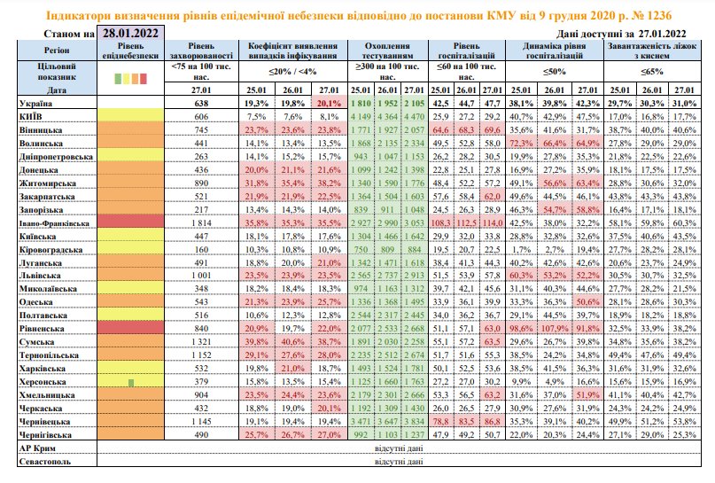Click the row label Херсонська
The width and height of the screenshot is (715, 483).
click(38, 381)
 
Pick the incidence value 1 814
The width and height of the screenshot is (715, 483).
click(199, 225)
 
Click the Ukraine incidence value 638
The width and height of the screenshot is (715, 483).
click(200, 105)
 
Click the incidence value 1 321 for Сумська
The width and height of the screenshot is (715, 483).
click(199, 342)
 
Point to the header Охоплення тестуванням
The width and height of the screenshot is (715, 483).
click(388, 50)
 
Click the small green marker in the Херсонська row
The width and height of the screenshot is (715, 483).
click(130, 382)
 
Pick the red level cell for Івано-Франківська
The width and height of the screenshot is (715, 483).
click(130, 225)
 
